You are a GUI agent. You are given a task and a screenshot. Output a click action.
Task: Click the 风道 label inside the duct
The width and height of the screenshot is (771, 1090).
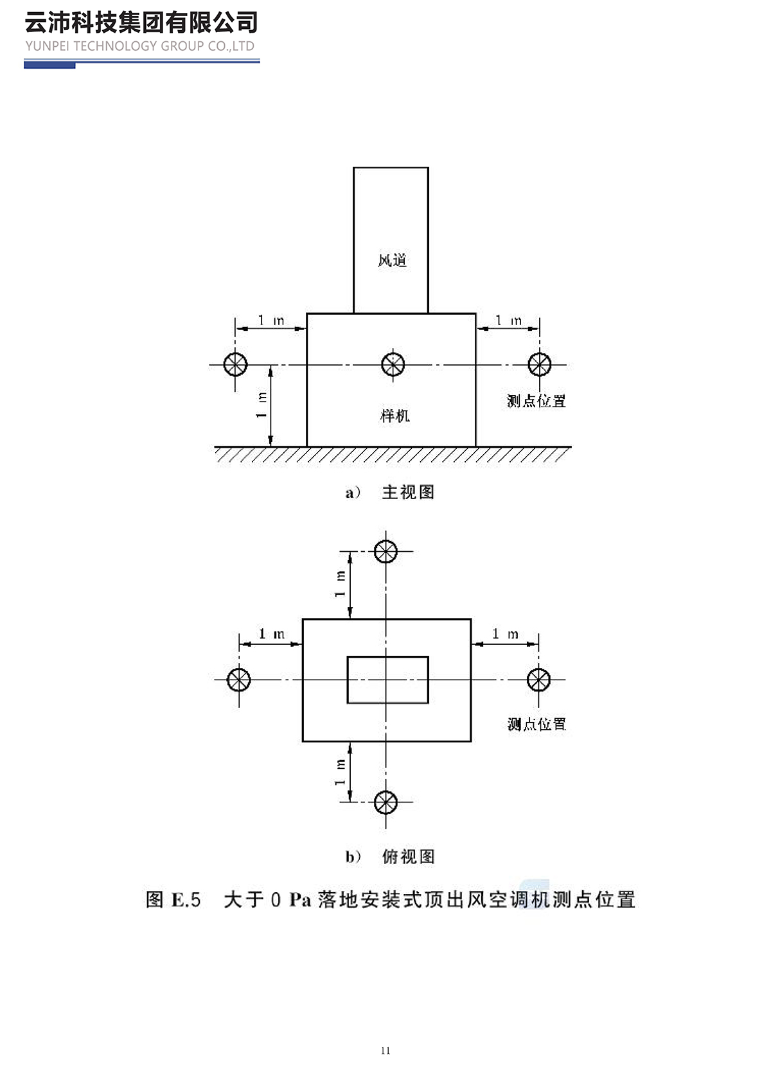[392, 260]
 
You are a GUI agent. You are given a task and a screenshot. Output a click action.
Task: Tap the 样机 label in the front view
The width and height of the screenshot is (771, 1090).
[394, 416]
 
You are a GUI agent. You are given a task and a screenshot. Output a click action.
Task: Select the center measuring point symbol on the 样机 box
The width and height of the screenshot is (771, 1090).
[393, 364]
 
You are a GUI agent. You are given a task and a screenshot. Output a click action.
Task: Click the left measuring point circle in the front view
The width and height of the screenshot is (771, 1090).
[235, 364]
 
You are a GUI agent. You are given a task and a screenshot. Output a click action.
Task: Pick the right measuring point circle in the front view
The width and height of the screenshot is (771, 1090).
[539, 364]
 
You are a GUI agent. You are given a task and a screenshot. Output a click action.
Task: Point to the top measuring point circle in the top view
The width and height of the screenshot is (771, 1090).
[385, 551]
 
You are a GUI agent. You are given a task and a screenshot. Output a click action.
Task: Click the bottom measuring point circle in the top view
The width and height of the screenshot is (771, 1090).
[385, 802]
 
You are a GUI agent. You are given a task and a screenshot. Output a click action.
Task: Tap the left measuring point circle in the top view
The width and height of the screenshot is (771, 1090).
[239, 679]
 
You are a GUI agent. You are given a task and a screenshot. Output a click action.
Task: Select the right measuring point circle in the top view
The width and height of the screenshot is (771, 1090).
[538, 679]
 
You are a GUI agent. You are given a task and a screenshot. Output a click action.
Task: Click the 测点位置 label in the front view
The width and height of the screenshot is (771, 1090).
[536, 401]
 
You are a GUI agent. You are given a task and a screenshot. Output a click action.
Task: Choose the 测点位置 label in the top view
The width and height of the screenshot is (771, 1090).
[536, 725]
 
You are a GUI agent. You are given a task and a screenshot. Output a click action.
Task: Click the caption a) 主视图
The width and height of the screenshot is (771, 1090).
[390, 493]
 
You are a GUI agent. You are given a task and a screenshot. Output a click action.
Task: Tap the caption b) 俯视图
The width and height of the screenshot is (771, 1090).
[390, 857]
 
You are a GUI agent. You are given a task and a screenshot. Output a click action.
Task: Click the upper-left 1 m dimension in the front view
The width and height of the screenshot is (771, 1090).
[270, 321]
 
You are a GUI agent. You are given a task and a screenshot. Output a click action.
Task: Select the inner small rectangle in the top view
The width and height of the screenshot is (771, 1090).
[387, 680]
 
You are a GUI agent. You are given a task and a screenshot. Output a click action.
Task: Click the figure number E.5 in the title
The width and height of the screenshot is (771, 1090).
[186, 900]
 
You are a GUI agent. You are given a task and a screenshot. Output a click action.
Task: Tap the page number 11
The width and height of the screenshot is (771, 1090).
[385, 1051]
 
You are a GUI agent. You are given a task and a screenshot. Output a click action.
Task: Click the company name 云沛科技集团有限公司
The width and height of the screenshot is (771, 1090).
[141, 23]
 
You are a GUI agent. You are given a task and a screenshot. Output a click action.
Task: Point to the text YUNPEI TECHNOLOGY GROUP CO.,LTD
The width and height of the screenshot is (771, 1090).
[140, 46]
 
